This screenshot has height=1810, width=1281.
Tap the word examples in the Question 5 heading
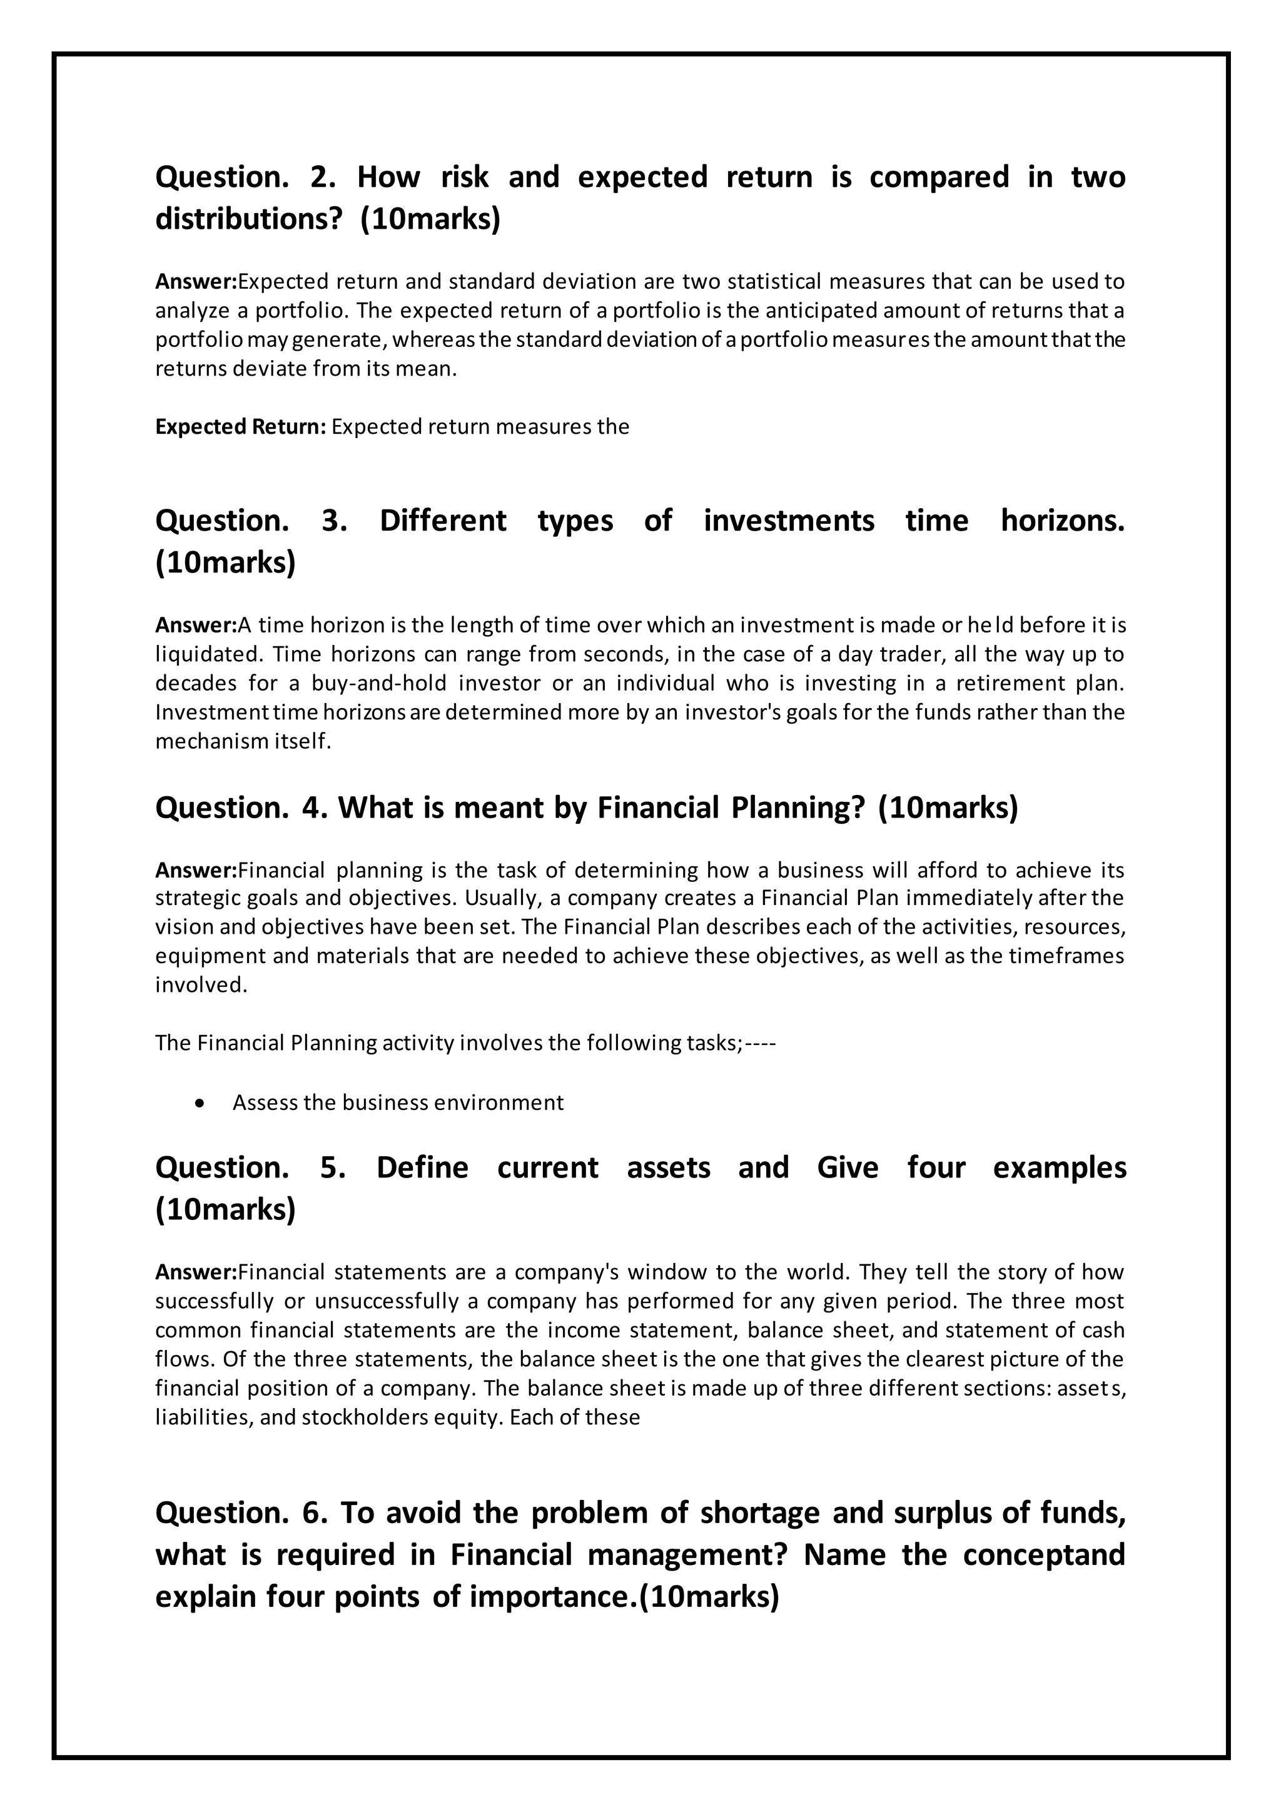point(1060,1167)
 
